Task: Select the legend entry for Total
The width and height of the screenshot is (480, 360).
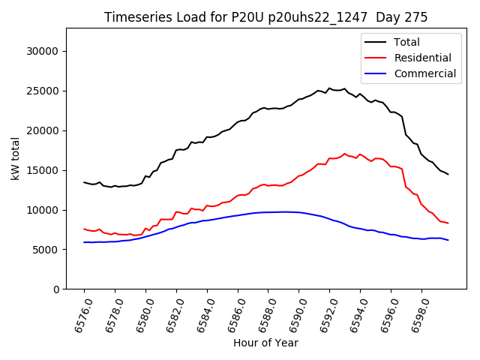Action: [x=406, y=42]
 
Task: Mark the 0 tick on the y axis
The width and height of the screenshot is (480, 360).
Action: [x=57, y=289]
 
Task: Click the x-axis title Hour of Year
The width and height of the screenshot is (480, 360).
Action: [x=265, y=343]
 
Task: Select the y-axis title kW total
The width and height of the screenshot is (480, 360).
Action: [x=15, y=158]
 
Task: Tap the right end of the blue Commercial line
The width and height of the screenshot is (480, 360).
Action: [x=448, y=240]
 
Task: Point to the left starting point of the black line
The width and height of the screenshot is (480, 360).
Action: [x=84, y=182]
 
